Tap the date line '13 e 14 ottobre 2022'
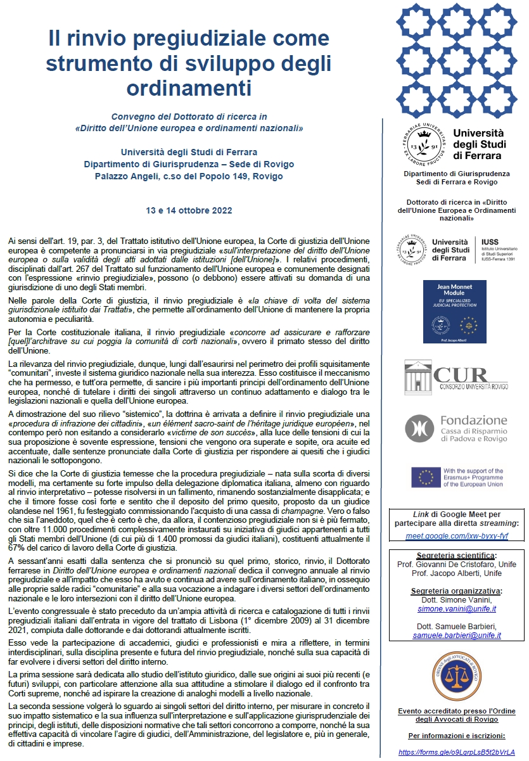tap(189, 210)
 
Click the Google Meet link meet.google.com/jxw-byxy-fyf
tap(457, 535)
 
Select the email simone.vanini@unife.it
tap(456, 608)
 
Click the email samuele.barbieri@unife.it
tap(456, 635)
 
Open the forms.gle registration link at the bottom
tap(457, 752)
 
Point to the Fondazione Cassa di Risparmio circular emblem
tap(420, 428)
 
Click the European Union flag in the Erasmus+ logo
tap(426, 476)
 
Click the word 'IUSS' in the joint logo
tap(490, 242)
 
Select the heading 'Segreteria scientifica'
tap(456, 556)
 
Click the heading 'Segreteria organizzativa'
tap(456, 591)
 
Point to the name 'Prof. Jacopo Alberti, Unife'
tap(456, 573)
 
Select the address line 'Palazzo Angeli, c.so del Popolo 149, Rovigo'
tap(189, 176)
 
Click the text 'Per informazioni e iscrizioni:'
tap(456, 736)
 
